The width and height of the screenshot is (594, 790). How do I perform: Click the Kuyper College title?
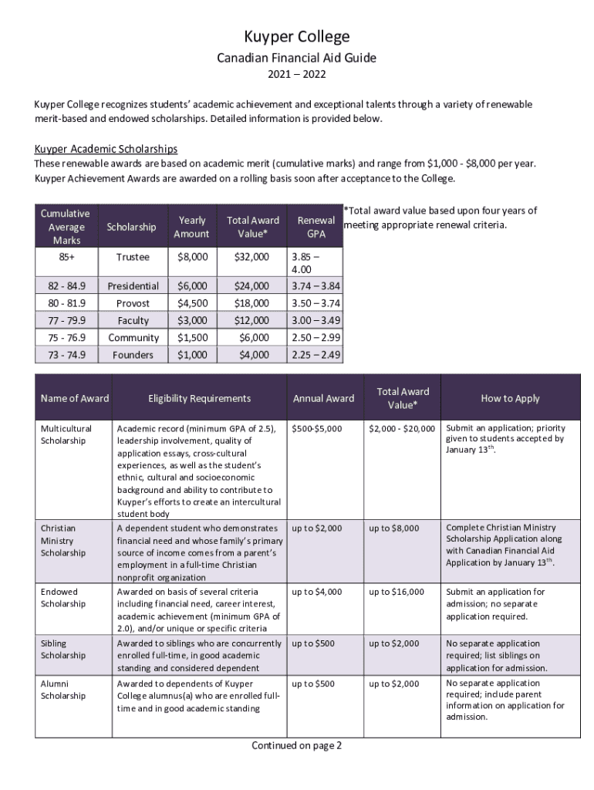pyautogui.click(x=297, y=36)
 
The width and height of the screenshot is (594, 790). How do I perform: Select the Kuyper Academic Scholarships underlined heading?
pyautogui.click(x=106, y=149)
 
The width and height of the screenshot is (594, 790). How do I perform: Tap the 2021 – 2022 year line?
pyautogui.click(x=297, y=75)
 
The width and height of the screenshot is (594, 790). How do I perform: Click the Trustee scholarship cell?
pyautogui.click(x=133, y=257)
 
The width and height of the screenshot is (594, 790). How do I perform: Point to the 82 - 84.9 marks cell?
pyautogui.click(x=67, y=285)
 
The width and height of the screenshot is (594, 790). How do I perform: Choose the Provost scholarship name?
pyautogui.click(x=133, y=303)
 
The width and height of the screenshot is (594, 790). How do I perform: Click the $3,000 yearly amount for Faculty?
pyautogui.click(x=192, y=320)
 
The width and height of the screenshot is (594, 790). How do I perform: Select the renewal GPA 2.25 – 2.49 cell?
pyautogui.click(x=316, y=355)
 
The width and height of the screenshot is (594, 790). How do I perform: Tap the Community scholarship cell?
pyautogui.click(x=133, y=338)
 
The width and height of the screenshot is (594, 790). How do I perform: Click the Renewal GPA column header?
pyautogui.click(x=316, y=227)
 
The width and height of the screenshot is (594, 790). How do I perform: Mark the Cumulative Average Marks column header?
pyautogui.click(x=66, y=227)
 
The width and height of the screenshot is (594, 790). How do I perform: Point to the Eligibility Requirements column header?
pyautogui.click(x=199, y=398)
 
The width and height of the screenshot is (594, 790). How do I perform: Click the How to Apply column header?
pyautogui.click(x=510, y=398)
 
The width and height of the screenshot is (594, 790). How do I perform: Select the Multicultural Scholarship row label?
pyautogui.click(x=66, y=434)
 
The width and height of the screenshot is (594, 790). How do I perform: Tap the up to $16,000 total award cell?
pyautogui.click(x=397, y=592)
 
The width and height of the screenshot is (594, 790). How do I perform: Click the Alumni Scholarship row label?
pyautogui.click(x=63, y=690)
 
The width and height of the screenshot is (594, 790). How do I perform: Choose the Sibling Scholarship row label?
pyautogui.click(x=63, y=649)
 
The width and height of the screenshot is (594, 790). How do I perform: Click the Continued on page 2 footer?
pyautogui.click(x=296, y=745)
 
